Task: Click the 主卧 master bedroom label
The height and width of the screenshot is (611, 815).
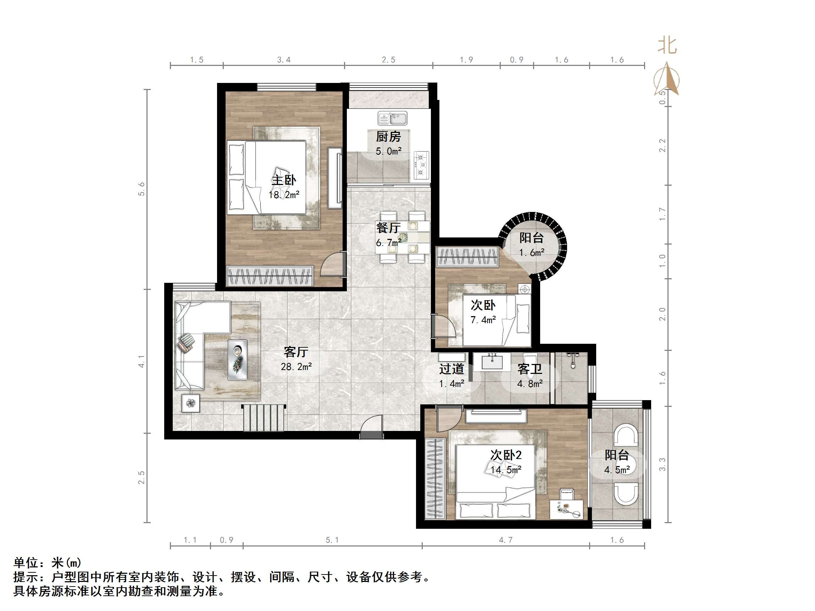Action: point(284,180)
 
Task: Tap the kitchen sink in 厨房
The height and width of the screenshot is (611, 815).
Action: point(392,118)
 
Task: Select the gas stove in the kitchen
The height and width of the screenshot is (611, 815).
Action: point(421,165)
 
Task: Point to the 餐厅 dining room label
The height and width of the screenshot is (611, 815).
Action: point(388,228)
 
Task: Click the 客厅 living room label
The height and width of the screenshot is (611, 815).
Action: point(296,352)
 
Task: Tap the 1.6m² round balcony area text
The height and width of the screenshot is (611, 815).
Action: point(532,253)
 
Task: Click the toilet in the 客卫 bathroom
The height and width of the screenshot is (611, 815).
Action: point(531,365)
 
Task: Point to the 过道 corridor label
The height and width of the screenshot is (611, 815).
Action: point(451,369)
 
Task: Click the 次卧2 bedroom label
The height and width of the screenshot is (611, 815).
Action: point(506,455)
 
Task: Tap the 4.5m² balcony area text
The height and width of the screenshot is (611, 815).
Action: point(617,470)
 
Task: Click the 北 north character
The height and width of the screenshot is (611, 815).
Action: point(667,46)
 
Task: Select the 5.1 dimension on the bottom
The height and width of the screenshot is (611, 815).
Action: point(332,540)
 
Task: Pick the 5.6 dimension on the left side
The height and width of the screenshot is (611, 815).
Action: point(142,189)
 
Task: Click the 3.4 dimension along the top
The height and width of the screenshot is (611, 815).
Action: point(284,60)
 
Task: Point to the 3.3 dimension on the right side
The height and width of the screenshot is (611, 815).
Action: point(662,464)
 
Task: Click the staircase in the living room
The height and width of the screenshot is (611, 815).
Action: point(264,417)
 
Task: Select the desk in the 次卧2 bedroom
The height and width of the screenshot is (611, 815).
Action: point(566,509)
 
